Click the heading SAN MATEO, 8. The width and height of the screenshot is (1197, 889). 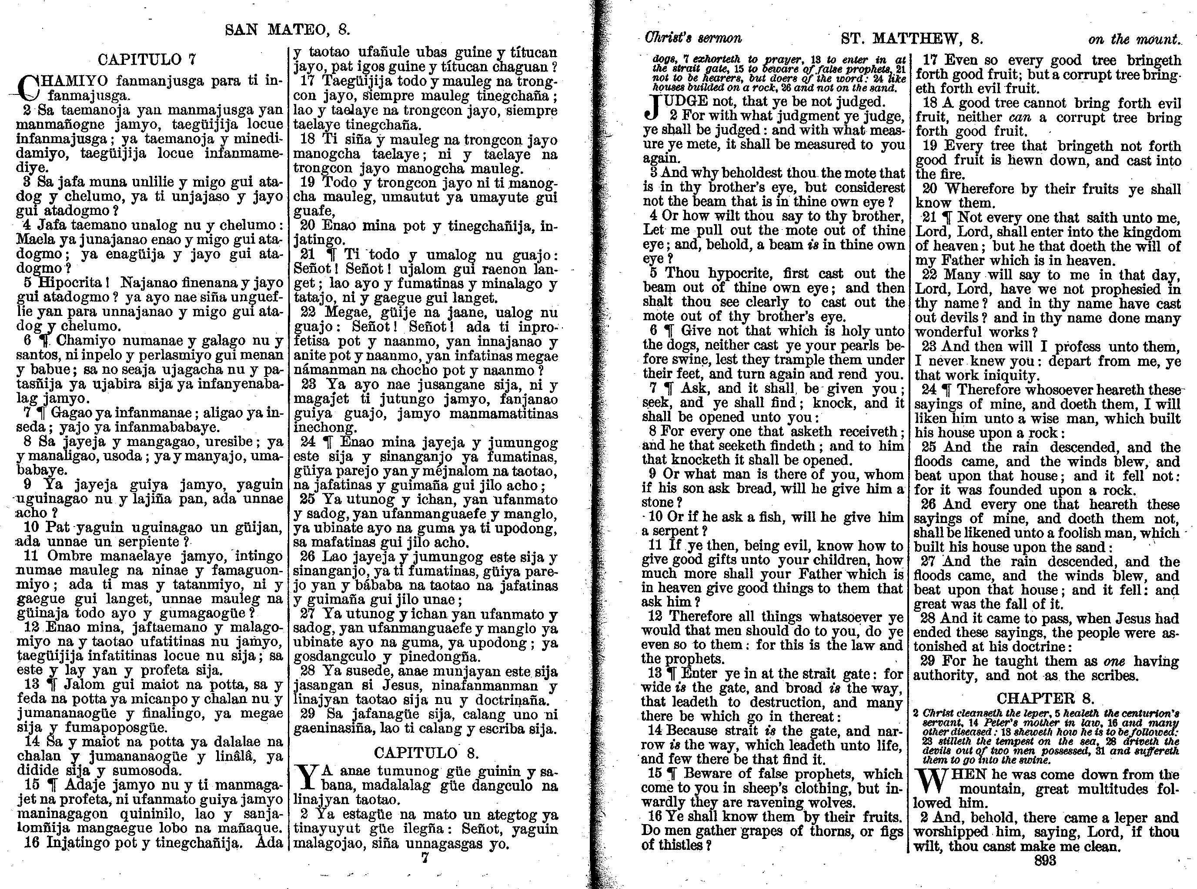pyautogui.click(x=287, y=30)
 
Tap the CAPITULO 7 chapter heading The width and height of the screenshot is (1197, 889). pyautogui.click(x=147, y=59)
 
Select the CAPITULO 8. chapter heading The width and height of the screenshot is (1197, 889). pyautogui.click(x=426, y=752)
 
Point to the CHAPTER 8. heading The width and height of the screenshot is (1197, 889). pyautogui.click(x=1045, y=699)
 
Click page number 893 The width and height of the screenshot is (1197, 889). pyautogui.click(x=1045, y=860)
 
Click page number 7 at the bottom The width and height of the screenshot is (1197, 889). pyautogui.click(x=425, y=858)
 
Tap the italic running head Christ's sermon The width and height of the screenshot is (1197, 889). pyautogui.click(x=693, y=38)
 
